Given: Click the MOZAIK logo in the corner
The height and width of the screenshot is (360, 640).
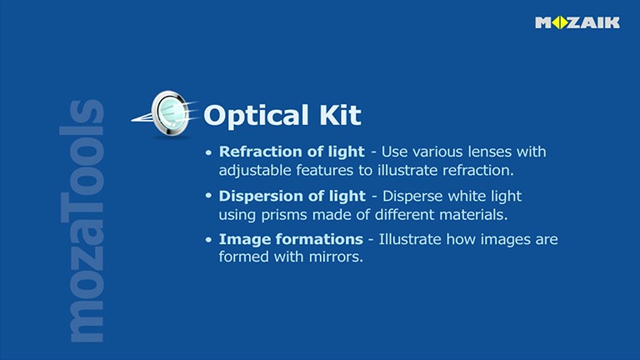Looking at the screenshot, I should pos(577,22).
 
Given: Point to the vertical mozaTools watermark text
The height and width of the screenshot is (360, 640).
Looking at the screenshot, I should pos(86,221).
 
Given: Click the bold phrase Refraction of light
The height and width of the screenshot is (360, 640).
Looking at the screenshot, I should pos(292,152).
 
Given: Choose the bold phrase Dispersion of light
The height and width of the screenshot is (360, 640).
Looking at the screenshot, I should pos(292,196).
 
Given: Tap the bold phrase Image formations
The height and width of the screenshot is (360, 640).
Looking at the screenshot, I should pos(291,239).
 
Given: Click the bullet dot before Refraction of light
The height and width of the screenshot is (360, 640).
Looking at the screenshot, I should pos(209,153).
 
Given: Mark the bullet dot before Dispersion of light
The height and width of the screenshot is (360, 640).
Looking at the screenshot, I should pos(209,197).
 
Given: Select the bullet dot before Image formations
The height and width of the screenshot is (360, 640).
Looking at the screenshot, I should pos(209,240).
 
